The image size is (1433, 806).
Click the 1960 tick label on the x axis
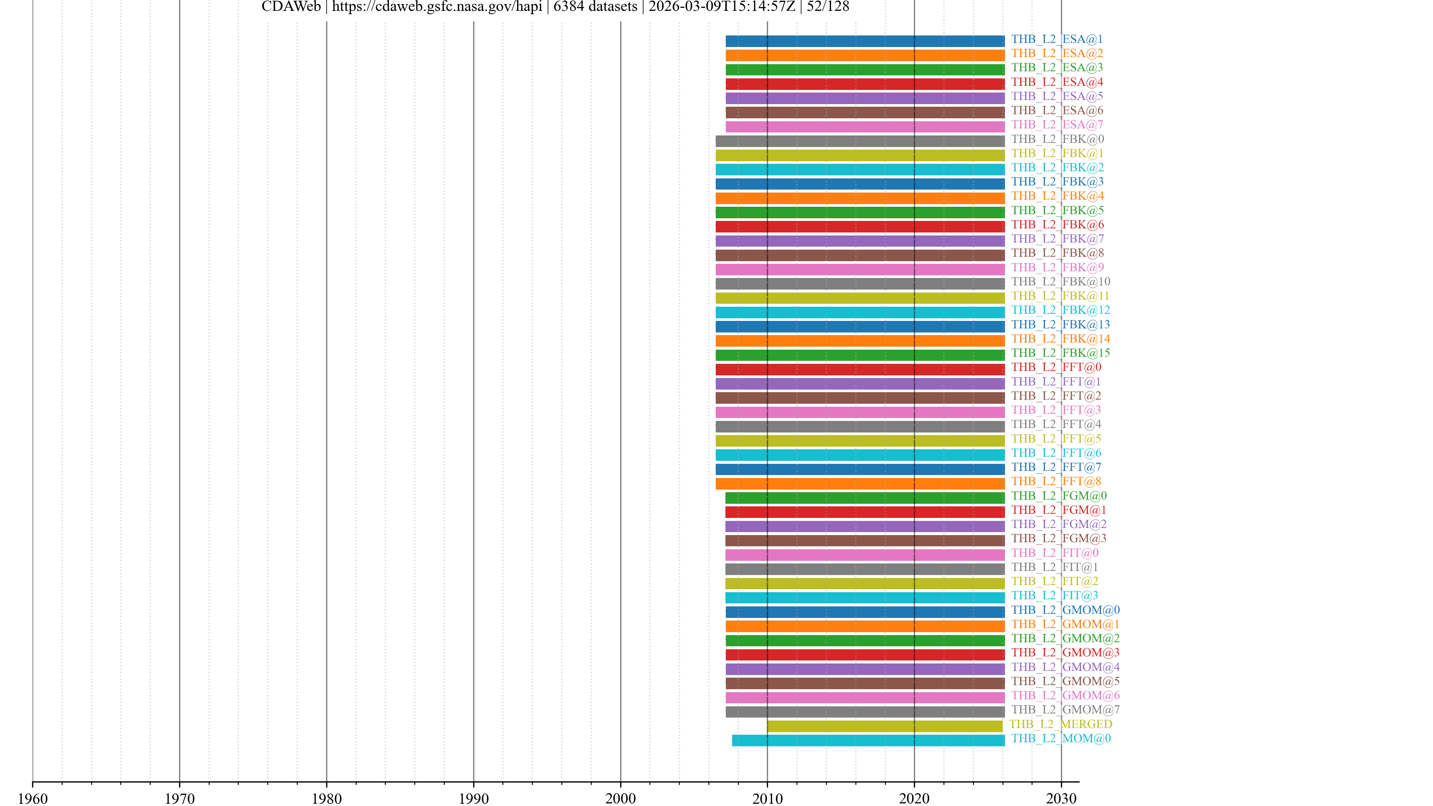tap(33, 798)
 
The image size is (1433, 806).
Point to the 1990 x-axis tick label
tap(474, 798)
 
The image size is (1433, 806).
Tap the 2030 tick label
tap(1061, 798)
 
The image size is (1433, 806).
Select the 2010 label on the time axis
tap(767, 798)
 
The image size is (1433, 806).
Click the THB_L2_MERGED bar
tap(884, 726)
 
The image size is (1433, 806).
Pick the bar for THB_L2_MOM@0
tap(868, 740)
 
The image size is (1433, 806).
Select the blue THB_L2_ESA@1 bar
tap(865, 41)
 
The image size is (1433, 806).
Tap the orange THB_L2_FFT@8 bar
tap(860, 483)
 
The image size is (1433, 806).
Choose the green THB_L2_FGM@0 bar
tap(865, 498)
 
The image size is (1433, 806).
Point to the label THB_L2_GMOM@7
tap(1065, 710)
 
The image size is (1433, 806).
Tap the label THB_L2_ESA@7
tap(1057, 125)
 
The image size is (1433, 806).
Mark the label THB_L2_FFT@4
tap(1056, 424)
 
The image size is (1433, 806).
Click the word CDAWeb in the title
tap(291, 7)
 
